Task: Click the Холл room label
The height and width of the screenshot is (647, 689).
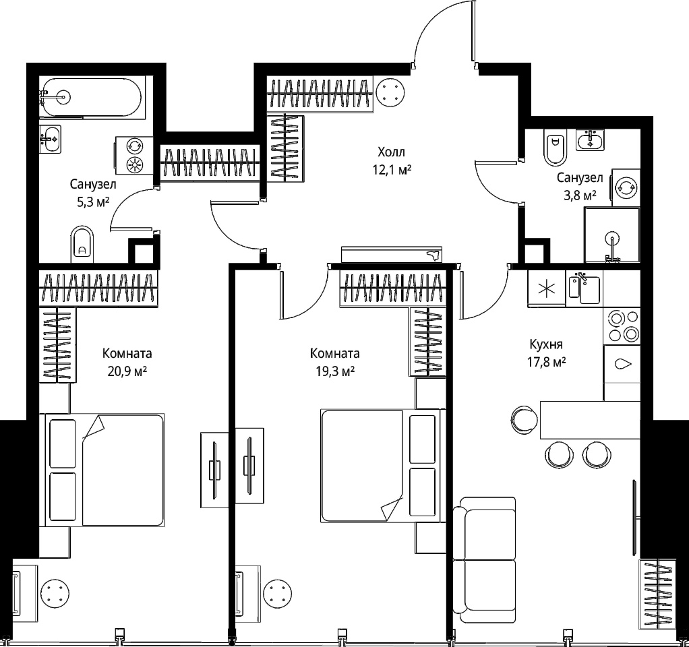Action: coord(391,152)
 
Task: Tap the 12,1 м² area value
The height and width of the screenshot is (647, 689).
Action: coord(392,170)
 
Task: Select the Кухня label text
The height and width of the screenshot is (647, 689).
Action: coord(546,344)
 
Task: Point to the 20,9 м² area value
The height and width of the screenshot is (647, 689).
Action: coord(127,371)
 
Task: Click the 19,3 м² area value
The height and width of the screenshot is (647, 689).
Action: coord(335,371)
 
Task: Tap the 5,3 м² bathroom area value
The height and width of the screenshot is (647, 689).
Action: coord(93,202)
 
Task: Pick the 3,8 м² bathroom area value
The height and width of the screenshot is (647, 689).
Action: coord(580,195)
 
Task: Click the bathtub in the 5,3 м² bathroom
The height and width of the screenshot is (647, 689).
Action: coord(90,98)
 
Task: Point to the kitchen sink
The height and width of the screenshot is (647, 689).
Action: coord(584,289)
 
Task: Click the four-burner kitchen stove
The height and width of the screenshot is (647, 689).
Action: coord(623,326)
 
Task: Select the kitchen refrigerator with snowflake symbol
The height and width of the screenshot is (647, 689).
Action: coord(547,288)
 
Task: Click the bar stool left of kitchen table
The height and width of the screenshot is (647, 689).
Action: coord(525,419)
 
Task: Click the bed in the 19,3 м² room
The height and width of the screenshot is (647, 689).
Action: coord(380,466)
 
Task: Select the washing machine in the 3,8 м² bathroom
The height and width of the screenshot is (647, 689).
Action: coord(626,187)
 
